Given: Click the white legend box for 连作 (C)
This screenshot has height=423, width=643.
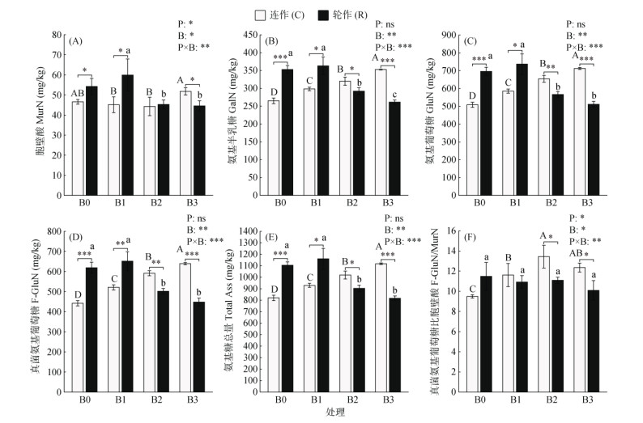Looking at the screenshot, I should pos(261,14).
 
